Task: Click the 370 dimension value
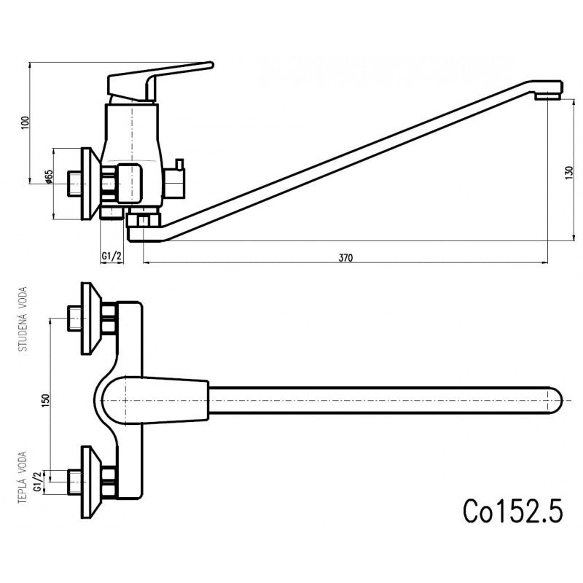[345, 257]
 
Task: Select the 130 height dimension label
[568, 173]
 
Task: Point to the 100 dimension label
[26, 122]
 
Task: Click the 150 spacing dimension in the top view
[45, 399]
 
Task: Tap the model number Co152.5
[513, 510]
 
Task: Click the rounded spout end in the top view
[554, 399]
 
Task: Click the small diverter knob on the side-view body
[177, 179]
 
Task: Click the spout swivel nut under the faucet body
[143, 219]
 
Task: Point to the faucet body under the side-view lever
[131, 138]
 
